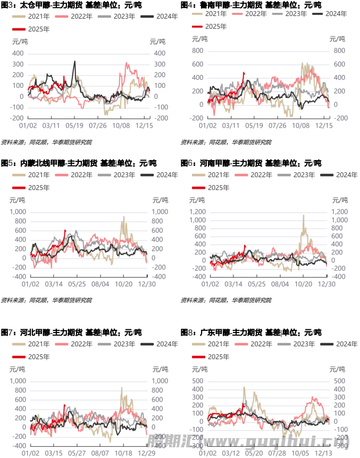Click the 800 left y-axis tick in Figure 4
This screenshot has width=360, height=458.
point(198,51)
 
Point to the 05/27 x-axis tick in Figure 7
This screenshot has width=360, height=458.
point(78,453)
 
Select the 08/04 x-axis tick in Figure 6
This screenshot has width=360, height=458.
point(280,285)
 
